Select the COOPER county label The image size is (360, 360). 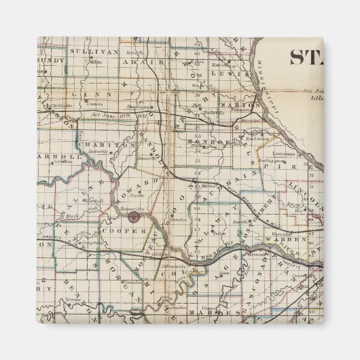pos(125,231)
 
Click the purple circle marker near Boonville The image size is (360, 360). pos(134,217)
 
